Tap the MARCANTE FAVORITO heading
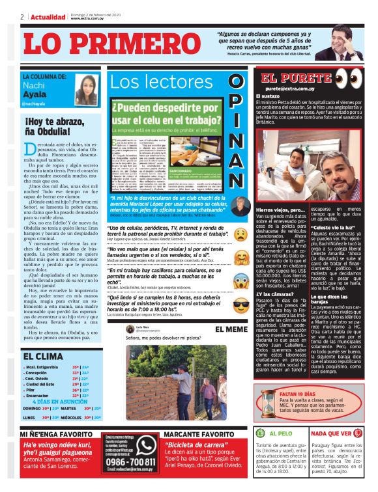[194, 433]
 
